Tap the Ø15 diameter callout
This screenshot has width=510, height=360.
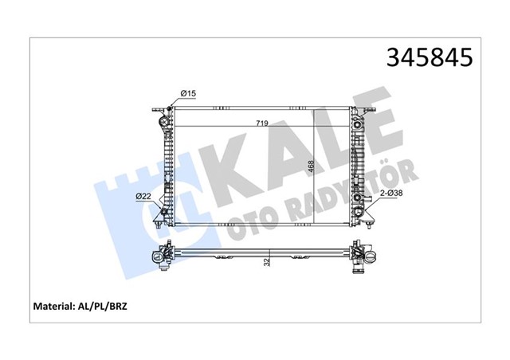187,94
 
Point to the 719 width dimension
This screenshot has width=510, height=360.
261,123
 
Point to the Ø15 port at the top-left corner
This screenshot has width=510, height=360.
172,104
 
